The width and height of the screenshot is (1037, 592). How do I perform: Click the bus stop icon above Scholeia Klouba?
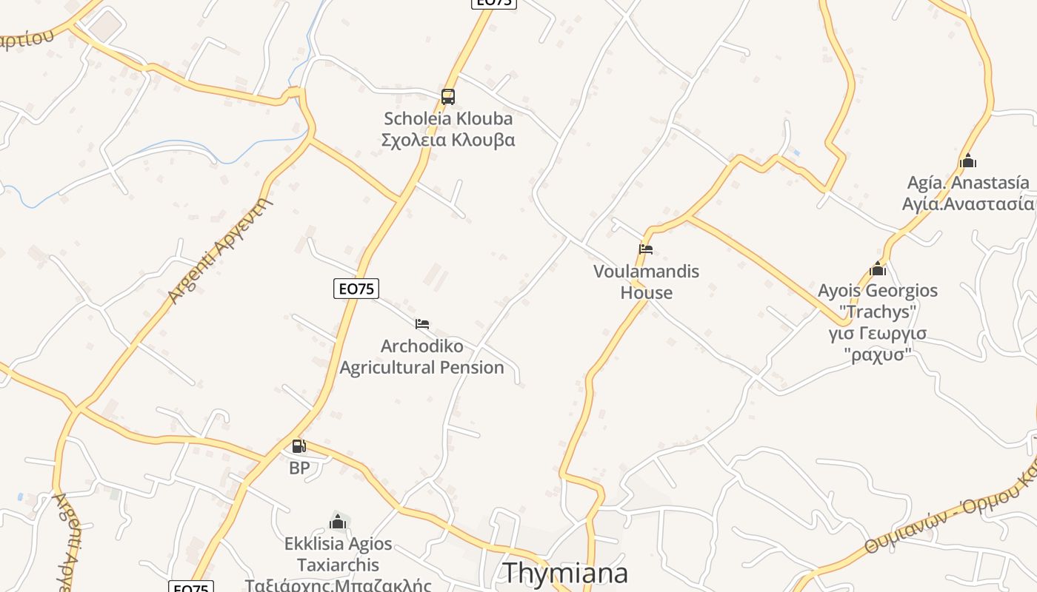448,97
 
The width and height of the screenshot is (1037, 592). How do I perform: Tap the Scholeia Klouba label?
448,118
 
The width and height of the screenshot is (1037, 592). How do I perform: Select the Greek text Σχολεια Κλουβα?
448,140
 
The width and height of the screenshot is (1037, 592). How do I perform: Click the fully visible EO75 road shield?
356,289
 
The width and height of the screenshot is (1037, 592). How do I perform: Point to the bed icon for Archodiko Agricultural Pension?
422,324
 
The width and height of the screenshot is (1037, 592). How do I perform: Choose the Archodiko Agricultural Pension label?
421,357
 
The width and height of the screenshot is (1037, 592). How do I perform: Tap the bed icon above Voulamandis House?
646,249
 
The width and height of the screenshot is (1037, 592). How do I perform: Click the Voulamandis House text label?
646,282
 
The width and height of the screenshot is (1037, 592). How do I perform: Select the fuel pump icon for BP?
299,446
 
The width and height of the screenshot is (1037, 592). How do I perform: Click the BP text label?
299,468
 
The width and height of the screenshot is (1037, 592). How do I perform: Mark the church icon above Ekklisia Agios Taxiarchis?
338,522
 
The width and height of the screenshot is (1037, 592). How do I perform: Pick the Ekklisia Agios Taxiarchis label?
339,554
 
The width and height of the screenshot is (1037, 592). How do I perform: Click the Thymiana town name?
565,573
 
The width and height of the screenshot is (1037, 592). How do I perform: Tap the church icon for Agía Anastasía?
967,161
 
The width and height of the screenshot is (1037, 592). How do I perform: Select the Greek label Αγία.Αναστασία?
968,204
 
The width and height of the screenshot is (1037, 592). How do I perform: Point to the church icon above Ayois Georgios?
878,269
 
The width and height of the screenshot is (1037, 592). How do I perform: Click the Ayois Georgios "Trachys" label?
878,300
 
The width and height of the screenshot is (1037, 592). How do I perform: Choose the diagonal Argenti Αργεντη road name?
220,251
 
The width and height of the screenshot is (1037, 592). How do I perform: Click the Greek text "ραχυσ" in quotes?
878,354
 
